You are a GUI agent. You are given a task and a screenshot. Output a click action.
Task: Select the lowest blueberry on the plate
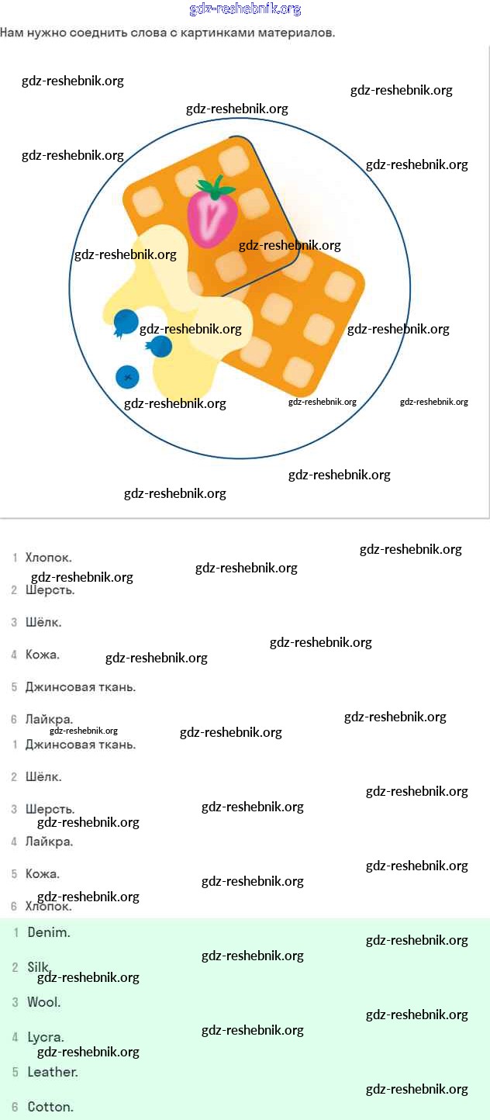pyautogui.click(x=127, y=377)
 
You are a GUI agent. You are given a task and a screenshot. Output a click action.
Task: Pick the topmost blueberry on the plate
pyautogui.click(x=125, y=323)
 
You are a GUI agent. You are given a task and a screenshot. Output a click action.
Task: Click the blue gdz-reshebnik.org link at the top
pyautogui.click(x=245, y=9)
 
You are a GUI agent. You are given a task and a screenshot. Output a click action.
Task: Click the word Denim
pyautogui.click(x=49, y=932)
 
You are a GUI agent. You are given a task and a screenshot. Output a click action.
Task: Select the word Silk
pyautogui.click(x=38, y=967)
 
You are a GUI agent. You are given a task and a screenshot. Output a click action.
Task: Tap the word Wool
pyautogui.click(x=44, y=1002)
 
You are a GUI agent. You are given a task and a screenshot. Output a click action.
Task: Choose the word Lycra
pyautogui.click(x=46, y=1038)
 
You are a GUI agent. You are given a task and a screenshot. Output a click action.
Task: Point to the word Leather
pyautogui.click(x=53, y=1072)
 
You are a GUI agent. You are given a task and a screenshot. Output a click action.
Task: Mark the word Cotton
pyautogui.click(x=50, y=1107)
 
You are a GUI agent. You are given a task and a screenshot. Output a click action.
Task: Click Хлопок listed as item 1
pyautogui.click(x=49, y=558)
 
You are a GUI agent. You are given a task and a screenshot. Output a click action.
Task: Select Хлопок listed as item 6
pyautogui.click(x=49, y=906)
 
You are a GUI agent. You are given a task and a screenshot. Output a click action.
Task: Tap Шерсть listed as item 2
pyautogui.click(x=50, y=590)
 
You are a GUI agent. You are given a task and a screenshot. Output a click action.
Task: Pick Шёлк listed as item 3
pyautogui.click(x=43, y=622)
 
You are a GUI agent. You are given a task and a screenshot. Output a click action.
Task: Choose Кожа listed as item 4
pyautogui.click(x=43, y=655)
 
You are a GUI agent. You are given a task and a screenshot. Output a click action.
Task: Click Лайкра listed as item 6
pyautogui.click(x=49, y=720)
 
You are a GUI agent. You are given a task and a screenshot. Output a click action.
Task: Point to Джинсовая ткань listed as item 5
pyautogui.click(x=81, y=687)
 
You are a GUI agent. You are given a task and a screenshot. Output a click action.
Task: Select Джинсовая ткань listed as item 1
pyautogui.click(x=81, y=745)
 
